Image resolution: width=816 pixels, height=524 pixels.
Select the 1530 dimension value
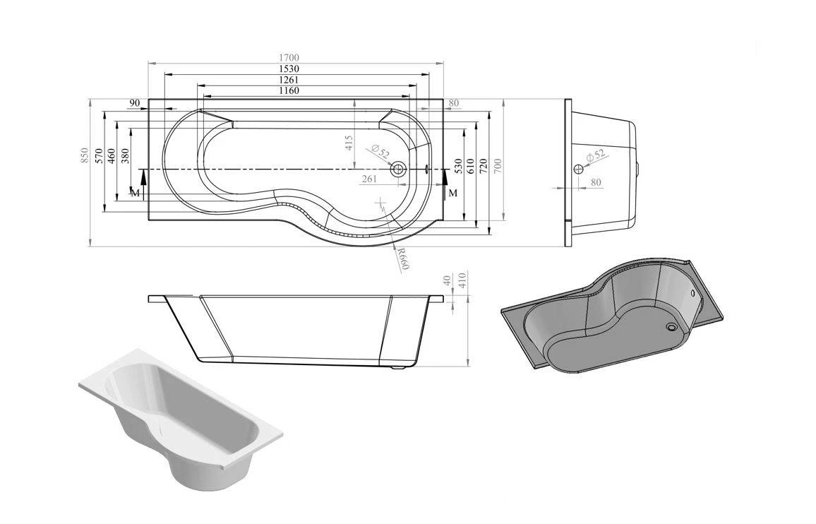pyautogui.click(x=289, y=69)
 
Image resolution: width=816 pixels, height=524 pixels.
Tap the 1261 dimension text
pyautogui.click(x=289, y=80)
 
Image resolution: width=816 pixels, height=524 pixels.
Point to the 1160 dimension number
pyautogui.click(x=289, y=90)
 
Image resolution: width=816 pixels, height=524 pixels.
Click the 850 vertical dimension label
pyautogui.click(x=85, y=155)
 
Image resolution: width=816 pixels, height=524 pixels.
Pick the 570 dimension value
pyautogui.click(x=100, y=155)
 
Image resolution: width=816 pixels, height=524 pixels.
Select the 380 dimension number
pyautogui.click(x=125, y=155)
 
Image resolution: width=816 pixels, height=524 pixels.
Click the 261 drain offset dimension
pyautogui.click(x=368, y=179)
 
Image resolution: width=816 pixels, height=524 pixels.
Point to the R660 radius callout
pyautogui.click(x=402, y=259)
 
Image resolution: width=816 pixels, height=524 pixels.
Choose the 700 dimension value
pyautogui.click(x=497, y=165)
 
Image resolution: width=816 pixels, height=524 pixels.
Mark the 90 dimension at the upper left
pyautogui.click(x=134, y=104)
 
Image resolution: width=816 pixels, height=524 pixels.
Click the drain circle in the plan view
pyautogui.click(x=398, y=169)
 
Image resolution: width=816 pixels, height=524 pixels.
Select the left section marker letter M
pyautogui.click(x=135, y=192)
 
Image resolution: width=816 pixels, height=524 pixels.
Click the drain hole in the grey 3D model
pyautogui.click(x=671, y=326)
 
